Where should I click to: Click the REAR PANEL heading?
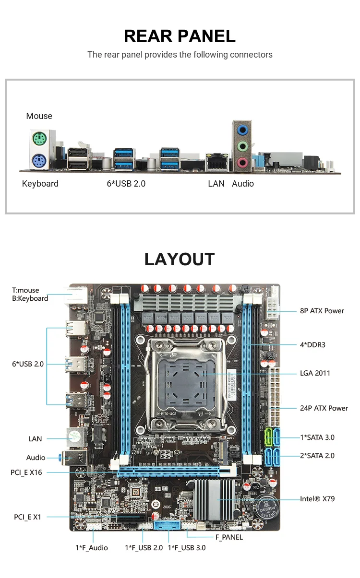pyautogui.click(x=180, y=36)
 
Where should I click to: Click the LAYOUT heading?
pyautogui.click(x=180, y=259)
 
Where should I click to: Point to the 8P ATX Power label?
pyautogui.click(x=322, y=311)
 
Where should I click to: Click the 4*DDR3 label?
pyautogui.click(x=312, y=344)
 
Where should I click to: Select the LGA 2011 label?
pyautogui.click(x=315, y=373)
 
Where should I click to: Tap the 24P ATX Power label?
pyautogui.click(x=324, y=408)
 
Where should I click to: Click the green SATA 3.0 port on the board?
pyautogui.click(x=268, y=437)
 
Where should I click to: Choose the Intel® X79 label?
pyautogui.click(x=317, y=499)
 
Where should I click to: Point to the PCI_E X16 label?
pyautogui.click(x=26, y=472)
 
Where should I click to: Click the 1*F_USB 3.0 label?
pyautogui.click(x=187, y=548)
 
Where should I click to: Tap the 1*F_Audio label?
pyautogui.click(x=92, y=548)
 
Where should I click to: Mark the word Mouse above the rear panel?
pyautogui.click(x=39, y=116)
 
